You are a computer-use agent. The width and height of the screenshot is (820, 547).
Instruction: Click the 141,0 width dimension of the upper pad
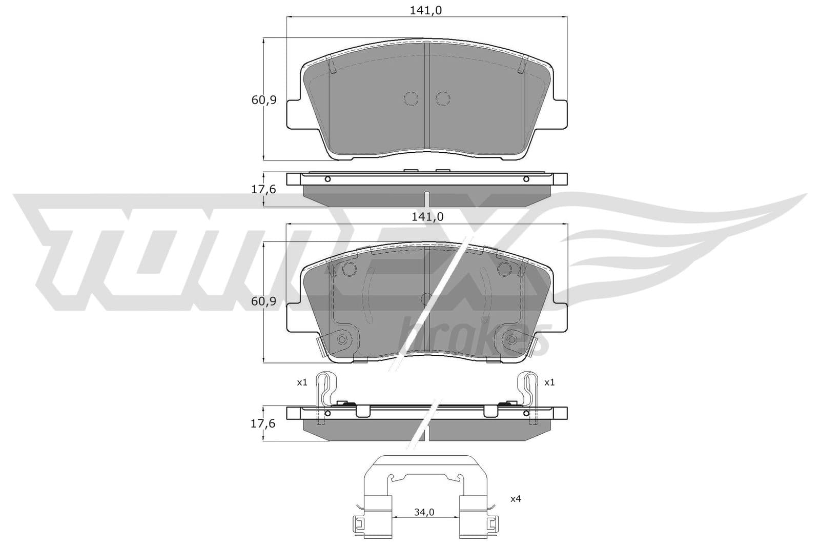pos(426,11)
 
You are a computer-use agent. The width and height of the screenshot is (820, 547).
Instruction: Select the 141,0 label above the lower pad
pos(427,217)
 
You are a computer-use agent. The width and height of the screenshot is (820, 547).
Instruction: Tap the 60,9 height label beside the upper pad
pos(264,100)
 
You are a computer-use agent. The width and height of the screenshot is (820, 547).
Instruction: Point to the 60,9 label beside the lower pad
pos(264,301)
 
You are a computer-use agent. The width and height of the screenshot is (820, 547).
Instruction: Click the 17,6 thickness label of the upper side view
pos(263,190)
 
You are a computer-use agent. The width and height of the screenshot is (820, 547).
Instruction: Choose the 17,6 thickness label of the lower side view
pos(263,423)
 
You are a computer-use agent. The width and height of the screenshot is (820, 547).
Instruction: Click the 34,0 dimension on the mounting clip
pos(424,512)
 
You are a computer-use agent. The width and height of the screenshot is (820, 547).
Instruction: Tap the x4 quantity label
pos(516,498)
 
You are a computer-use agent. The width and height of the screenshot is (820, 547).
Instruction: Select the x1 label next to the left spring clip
pos(302,382)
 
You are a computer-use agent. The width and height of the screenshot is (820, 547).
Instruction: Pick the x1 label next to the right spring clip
pos(549,382)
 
